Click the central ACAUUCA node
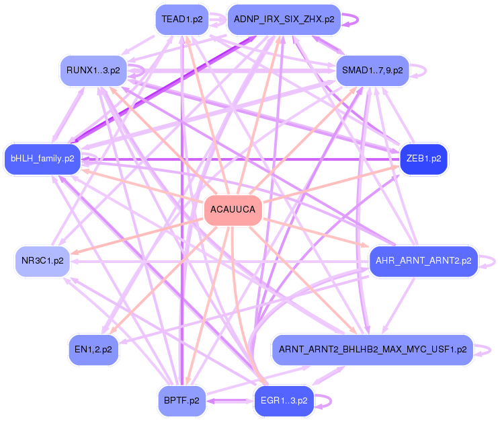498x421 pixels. coord(233,210)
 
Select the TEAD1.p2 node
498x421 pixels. coord(181,20)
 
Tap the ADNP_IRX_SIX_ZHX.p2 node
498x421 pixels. coord(284,20)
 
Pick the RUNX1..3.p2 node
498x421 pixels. coord(93,70)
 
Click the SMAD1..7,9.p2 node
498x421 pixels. coord(372,70)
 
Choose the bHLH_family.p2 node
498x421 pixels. coord(42,159)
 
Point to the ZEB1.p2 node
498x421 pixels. coord(423,159)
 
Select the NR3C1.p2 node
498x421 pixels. coord(42,261)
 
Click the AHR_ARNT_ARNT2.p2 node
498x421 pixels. coord(423,261)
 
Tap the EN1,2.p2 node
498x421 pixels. coord(93,350)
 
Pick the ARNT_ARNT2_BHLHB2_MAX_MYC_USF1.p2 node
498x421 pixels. coord(372,350)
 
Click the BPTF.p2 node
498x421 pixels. coord(181,401)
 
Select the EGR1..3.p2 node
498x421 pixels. coord(284,401)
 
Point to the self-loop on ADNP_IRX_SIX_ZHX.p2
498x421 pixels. coord(357,20)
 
